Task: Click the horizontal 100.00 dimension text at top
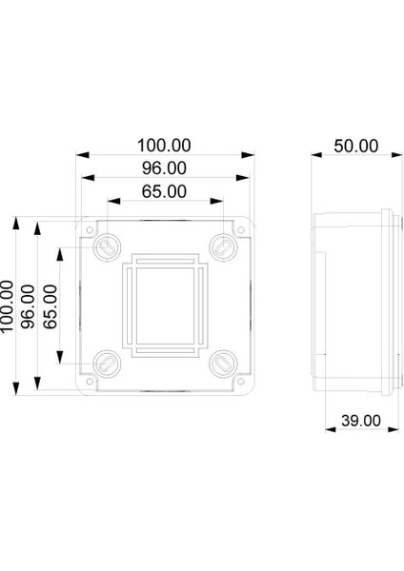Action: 164,146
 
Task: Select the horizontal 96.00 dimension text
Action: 164,168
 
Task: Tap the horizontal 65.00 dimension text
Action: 164,192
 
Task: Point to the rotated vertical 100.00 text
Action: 9,305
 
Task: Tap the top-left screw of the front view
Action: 107,246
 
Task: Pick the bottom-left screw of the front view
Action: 107,363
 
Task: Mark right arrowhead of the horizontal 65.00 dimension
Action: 222,203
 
